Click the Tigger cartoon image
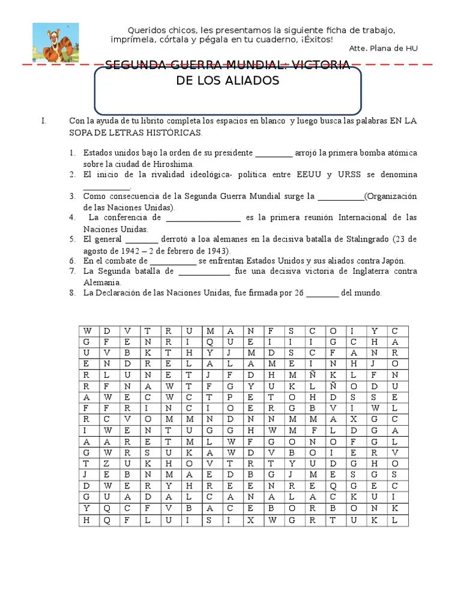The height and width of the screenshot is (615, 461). (55, 43)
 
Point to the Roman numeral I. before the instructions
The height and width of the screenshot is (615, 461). (44, 121)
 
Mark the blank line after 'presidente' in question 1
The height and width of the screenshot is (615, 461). (274, 153)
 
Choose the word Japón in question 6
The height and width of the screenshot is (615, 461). (393, 261)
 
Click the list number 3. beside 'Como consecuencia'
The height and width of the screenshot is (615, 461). (71, 196)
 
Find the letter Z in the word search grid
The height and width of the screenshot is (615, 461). (107, 464)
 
